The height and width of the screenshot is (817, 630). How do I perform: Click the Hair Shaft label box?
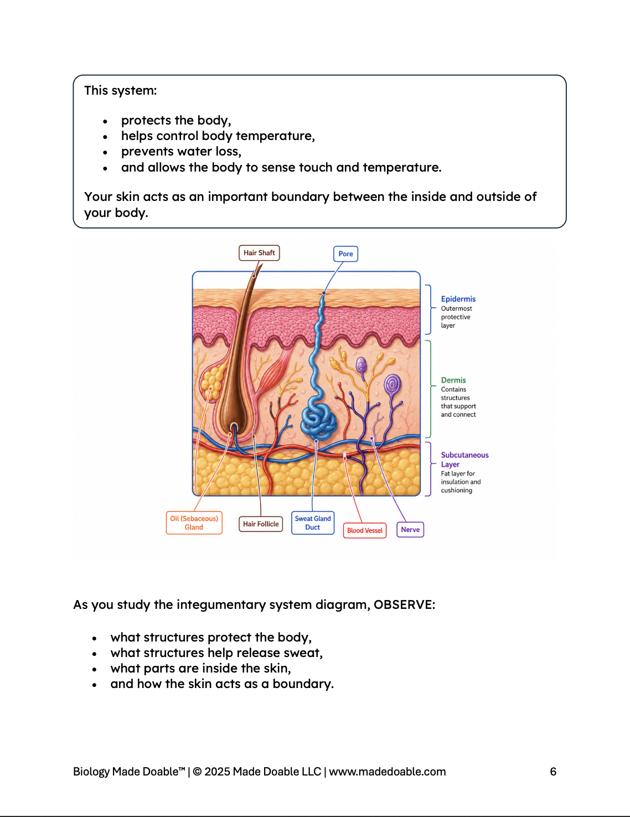(259, 252)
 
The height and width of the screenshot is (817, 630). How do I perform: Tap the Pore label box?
(345, 254)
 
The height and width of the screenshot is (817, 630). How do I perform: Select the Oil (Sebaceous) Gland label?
(194, 523)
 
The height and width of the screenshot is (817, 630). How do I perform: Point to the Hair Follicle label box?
(261, 524)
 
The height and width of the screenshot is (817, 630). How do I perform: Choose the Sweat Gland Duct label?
(313, 523)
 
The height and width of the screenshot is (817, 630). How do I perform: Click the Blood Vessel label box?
(365, 530)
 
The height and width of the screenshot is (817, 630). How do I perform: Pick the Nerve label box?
(410, 529)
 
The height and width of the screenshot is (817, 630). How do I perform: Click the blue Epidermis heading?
(458, 299)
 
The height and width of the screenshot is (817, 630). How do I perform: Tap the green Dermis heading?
(453, 380)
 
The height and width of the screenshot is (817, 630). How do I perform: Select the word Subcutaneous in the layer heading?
(464, 455)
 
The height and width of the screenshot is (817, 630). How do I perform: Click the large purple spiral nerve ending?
(392, 384)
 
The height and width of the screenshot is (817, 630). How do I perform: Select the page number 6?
(553, 772)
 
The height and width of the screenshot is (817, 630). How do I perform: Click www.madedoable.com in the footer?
(387, 772)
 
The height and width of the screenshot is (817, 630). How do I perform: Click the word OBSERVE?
(404, 604)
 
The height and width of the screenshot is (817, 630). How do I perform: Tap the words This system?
(120, 90)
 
